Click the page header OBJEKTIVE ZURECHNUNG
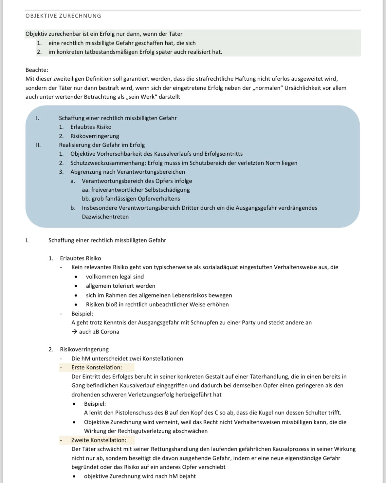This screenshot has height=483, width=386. [x=63, y=16]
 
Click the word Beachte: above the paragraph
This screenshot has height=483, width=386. [x=37, y=70]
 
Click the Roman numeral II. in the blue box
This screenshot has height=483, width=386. [x=38, y=145]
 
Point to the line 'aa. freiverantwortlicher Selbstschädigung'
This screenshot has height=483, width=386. [x=136, y=190]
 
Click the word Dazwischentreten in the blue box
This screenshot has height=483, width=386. [x=105, y=217]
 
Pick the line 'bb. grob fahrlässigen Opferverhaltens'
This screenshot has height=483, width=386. [x=131, y=199]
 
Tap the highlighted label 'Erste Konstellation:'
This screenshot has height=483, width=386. [x=97, y=367]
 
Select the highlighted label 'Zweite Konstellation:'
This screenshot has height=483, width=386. [x=99, y=440]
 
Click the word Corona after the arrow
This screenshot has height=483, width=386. [x=110, y=332]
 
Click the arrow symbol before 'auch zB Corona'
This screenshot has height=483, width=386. [x=74, y=332]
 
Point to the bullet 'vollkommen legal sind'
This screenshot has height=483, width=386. [x=115, y=277]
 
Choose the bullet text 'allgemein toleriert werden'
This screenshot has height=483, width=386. [x=120, y=286]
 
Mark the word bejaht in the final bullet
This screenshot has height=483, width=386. [x=187, y=476]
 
